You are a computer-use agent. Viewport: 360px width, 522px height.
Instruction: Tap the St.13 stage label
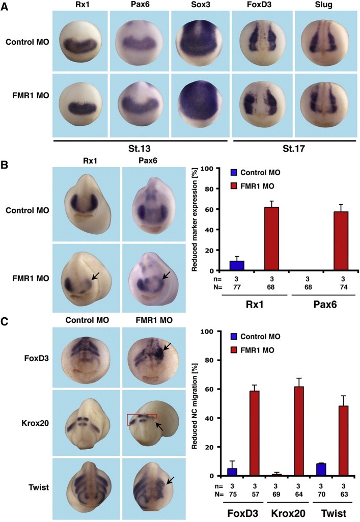(141, 154)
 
